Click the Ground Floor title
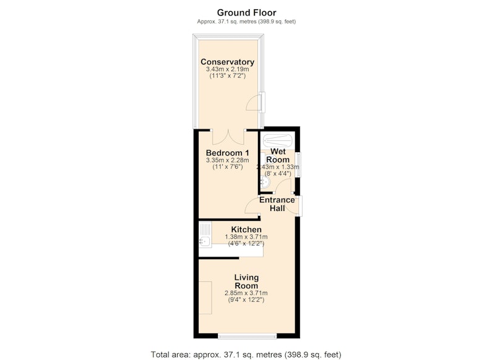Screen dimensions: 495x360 tap(246, 12)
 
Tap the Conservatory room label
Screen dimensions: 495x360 tap(227, 62)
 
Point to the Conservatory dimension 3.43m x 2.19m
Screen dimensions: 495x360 tap(227, 69)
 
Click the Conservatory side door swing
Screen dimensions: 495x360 tap(254, 103)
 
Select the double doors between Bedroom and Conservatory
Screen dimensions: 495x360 tap(228, 137)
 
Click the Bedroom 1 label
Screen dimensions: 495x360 tap(227, 153)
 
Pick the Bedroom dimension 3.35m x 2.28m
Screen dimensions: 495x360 tap(227, 160)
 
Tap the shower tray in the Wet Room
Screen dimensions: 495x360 tap(278, 140)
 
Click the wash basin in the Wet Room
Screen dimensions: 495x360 tap(265, 182)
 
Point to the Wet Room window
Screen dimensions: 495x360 tap(298, 165)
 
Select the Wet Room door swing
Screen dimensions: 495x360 tap(284, 186)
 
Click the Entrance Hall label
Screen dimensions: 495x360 tap(277, 204)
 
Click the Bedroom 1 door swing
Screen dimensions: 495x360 tap(252, 206)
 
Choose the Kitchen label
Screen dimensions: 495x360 tap(246, 229)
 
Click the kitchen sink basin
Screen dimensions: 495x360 tap(205, 241)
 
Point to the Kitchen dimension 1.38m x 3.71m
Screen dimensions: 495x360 tap(246, 237)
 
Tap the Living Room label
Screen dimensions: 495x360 tap(246, 281)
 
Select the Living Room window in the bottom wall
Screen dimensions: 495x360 tap(247, 336)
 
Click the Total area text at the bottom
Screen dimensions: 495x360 tap(246, 354)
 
